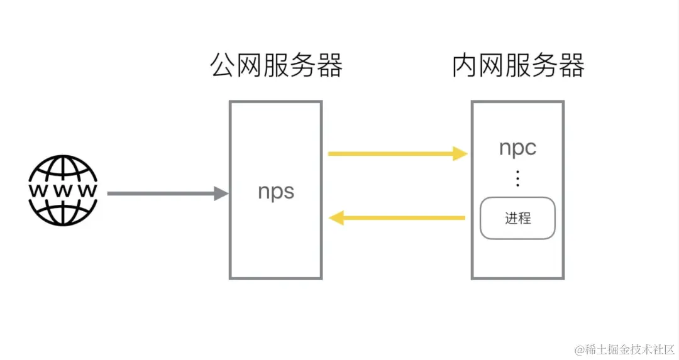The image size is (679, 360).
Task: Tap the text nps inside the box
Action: pyautogui.click(x=276, y=192)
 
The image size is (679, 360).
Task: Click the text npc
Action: pyautogui.click(x=517, y=148)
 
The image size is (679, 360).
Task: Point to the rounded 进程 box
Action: pyautogui.click(x=517, y=218)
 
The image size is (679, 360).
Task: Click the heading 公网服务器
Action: pyautogui.click(x=276, y=65)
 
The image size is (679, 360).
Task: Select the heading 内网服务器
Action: pyautogui.click(x=518, y=65)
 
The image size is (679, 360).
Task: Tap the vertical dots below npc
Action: pyautogui.click(x=517, y=178)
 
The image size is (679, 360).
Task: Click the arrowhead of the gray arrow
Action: pyautogui.click(x=221, y=194)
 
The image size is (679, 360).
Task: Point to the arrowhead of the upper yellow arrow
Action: pyautogui.click(x=460, y=153)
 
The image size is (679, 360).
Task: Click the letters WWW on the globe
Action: pyautogui.click(x=62, y=190)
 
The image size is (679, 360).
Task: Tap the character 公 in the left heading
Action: pyautogui.click(x=223, y=65)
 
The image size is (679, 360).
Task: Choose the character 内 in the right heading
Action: pyautogui.click(x=465, y=65)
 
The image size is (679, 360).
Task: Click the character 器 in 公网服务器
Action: pyautogui.click(x=329, y=65)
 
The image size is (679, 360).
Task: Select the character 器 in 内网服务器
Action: pyautogui.click(x=571, y=65)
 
